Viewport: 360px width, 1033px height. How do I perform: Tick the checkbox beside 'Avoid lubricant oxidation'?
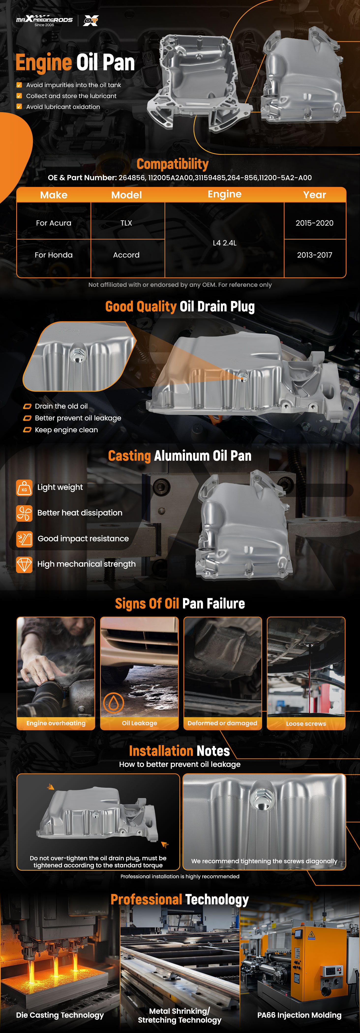tap(19, 107)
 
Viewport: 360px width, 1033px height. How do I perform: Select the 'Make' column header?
tap(54, 195)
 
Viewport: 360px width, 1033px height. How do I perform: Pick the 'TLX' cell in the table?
tap(126, 223)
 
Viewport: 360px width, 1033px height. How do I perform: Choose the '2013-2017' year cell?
tap(315, 255)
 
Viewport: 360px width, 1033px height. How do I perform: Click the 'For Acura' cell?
tap(54, 223)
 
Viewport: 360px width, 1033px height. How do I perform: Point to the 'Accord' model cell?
tap(126, 255)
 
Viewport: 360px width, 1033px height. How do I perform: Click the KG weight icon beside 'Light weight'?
tap(24, 488)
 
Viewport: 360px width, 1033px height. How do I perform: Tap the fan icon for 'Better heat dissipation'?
tap(24, 513)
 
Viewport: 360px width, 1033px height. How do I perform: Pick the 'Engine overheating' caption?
tap(56, 723)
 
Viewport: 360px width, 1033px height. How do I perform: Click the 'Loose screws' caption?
tap(306, 723)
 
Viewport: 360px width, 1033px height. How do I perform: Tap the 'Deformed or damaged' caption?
tap(223, 723)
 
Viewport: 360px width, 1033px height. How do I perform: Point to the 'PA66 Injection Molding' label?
tap(300, 1015)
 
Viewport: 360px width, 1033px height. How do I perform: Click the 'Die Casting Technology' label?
tap(60, 1015)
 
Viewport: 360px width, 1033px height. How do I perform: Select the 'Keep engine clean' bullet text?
tap(66, 430)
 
